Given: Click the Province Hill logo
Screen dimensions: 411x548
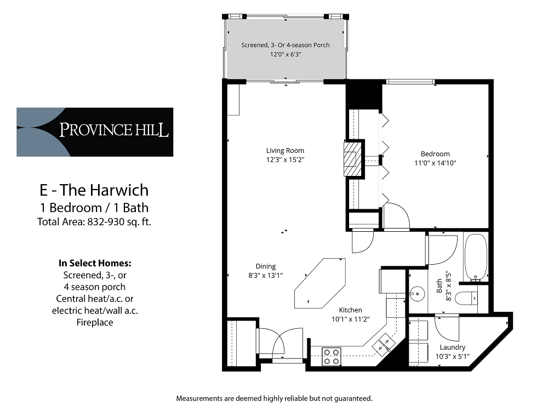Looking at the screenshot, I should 95,132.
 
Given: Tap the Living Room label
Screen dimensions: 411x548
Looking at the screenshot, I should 285,151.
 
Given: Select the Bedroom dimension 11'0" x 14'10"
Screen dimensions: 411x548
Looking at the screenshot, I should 435,163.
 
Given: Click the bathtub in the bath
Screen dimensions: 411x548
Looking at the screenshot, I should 475,256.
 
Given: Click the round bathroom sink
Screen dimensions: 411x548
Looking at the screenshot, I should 418,294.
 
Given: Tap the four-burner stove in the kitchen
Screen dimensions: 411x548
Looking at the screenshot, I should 331,356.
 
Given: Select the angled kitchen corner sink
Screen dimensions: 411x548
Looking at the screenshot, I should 383,344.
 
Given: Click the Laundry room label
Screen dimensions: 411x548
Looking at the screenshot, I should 453,347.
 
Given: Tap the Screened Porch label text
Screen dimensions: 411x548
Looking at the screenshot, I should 286,45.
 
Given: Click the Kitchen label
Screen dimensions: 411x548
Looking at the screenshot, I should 350,310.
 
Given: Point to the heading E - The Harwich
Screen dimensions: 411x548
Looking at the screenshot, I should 94,190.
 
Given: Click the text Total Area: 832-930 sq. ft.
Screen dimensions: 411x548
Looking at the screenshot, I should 94,222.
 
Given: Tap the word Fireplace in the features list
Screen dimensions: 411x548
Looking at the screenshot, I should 94,323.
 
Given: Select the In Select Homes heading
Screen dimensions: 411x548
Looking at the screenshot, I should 94,263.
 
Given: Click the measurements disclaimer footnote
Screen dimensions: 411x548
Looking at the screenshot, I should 274,398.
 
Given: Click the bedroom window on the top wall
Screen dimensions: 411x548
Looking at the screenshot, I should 410,82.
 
